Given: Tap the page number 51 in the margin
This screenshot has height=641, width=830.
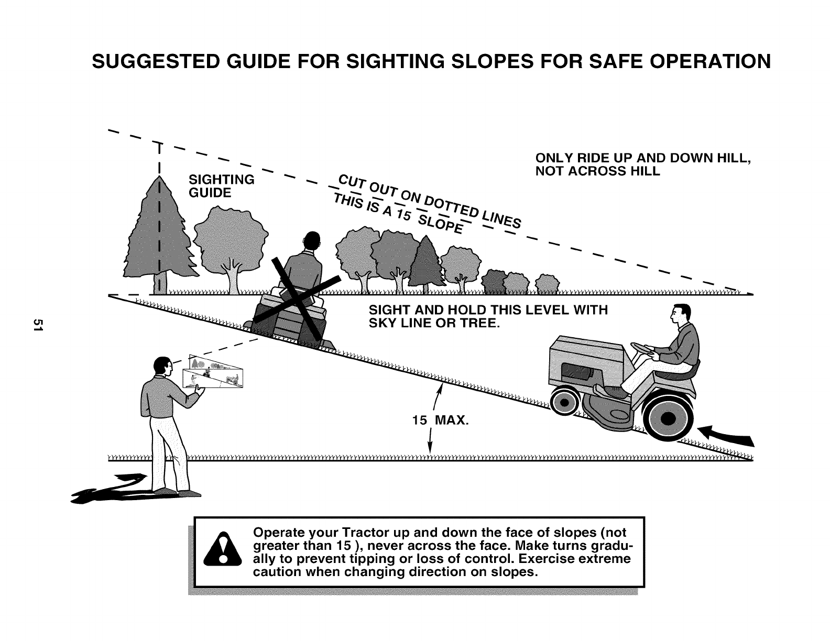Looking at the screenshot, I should click(37, 324).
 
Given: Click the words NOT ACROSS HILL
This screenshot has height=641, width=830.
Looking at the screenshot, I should click(597, 172).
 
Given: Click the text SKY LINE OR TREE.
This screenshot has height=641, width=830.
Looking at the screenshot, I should click(434, 323).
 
